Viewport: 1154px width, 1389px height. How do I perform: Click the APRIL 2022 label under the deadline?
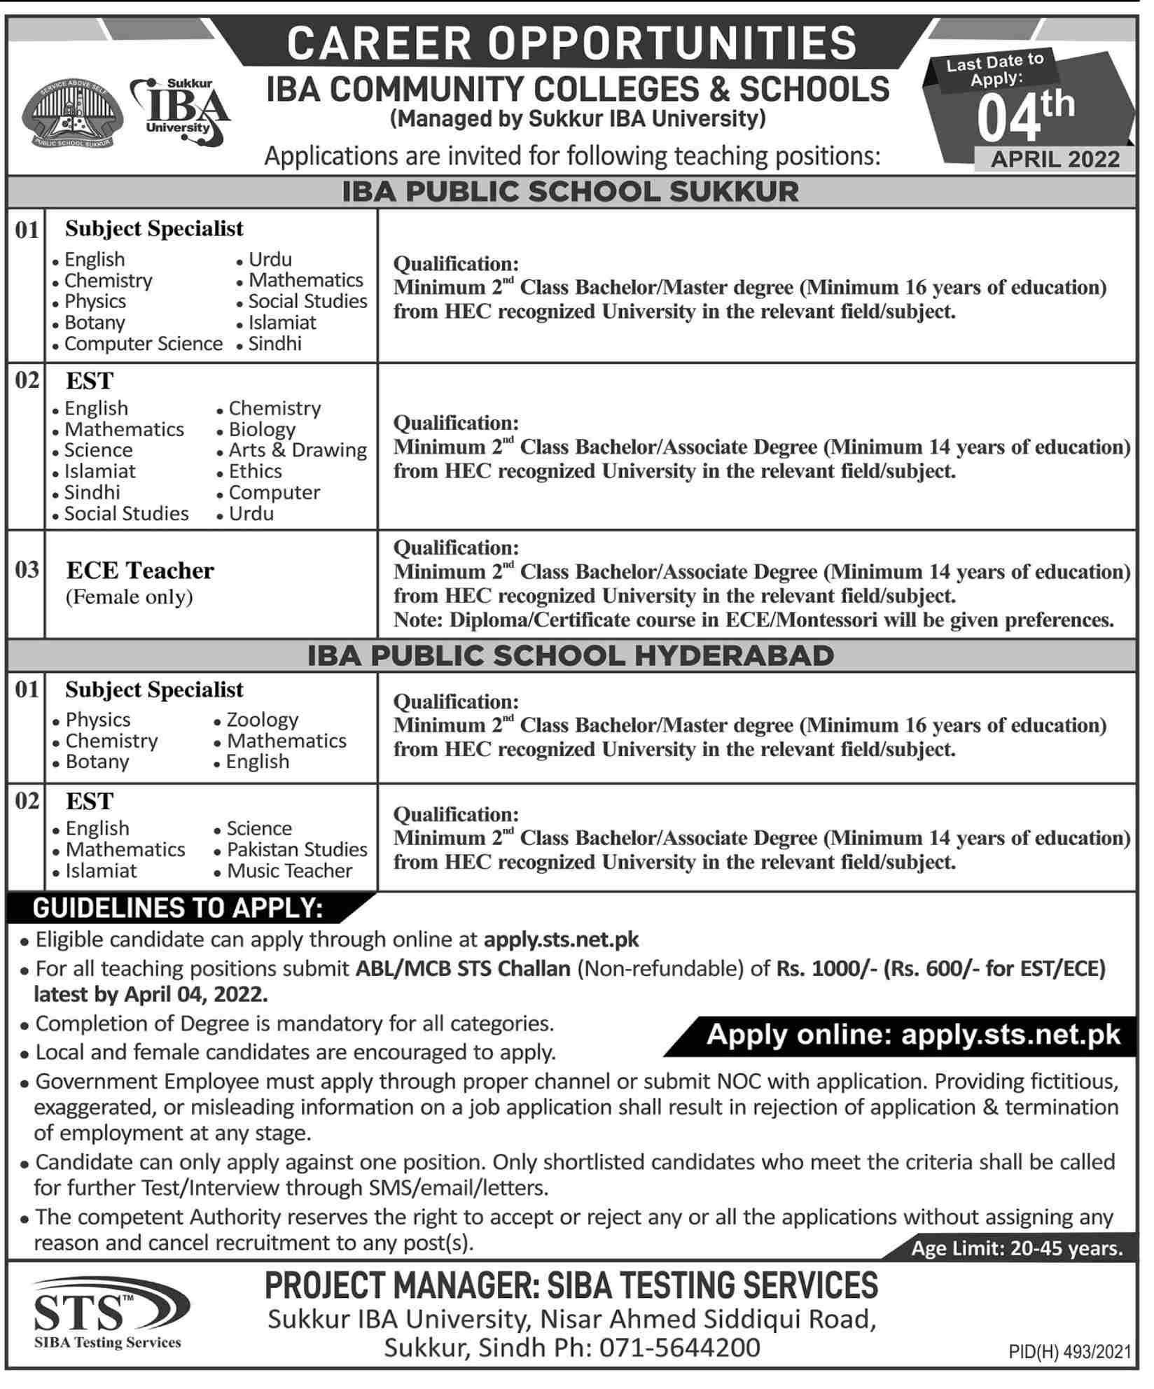(1055, 160)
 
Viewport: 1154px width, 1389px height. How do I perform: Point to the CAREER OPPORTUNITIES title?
(572, 43)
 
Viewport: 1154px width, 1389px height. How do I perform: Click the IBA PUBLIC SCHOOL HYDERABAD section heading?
(571, 656)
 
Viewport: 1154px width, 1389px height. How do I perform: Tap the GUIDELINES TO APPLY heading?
(179, 908)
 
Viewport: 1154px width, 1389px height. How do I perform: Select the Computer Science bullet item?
(143, 344)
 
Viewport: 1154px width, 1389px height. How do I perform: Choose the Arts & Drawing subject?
(298, 450)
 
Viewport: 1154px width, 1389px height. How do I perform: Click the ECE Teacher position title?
(140, 571)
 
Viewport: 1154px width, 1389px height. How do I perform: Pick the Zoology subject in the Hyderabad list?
(262, 720)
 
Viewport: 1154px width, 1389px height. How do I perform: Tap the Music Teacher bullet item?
(289, 871)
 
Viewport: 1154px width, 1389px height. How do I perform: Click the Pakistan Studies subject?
(297, 850)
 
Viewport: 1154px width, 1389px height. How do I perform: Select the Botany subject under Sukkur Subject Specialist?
(95, 323)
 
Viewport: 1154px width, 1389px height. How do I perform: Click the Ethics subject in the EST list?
(255, 471)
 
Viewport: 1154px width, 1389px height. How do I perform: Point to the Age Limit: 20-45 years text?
(1017, 1249)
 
